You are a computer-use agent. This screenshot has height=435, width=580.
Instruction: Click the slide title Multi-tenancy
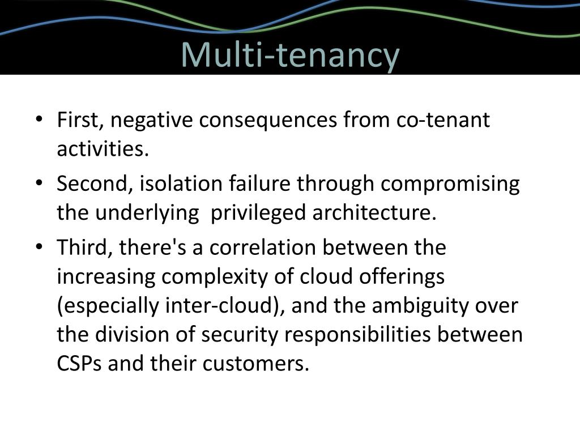point(290,55)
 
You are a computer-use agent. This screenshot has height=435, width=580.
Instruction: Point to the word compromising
point(450,185)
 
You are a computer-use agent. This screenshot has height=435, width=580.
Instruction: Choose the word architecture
point(374,213)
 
